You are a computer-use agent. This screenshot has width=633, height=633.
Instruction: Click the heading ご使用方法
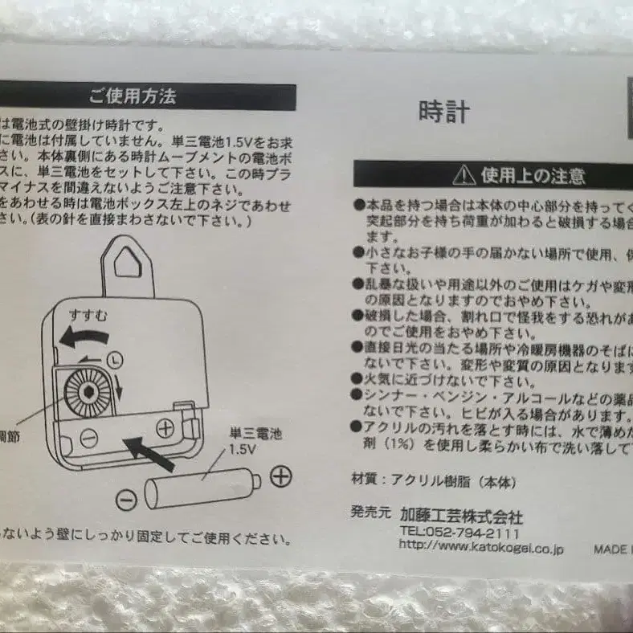[132, 98]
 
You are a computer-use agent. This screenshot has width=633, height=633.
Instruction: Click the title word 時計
[443, 111]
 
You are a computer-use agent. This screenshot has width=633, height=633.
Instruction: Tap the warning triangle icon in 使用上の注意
[464, 174]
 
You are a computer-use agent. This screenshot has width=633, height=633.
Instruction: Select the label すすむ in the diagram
[88, 314]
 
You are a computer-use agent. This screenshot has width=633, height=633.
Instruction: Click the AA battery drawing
[202, 489]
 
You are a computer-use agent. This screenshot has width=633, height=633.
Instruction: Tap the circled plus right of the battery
[280, 476]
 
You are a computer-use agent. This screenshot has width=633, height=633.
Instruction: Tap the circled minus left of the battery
[126, 500]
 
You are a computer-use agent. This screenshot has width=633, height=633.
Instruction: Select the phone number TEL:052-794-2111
[459, 533]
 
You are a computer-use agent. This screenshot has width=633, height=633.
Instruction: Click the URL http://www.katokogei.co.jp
[481, 548]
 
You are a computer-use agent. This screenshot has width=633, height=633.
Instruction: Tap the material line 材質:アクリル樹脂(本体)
[433, 482]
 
